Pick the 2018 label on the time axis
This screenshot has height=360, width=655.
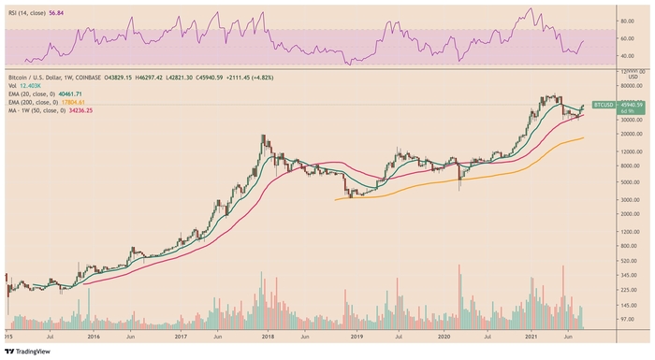point(266,334)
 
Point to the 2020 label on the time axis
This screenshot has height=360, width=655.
point(444,334)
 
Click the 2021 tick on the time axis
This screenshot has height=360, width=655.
point(531,334)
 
